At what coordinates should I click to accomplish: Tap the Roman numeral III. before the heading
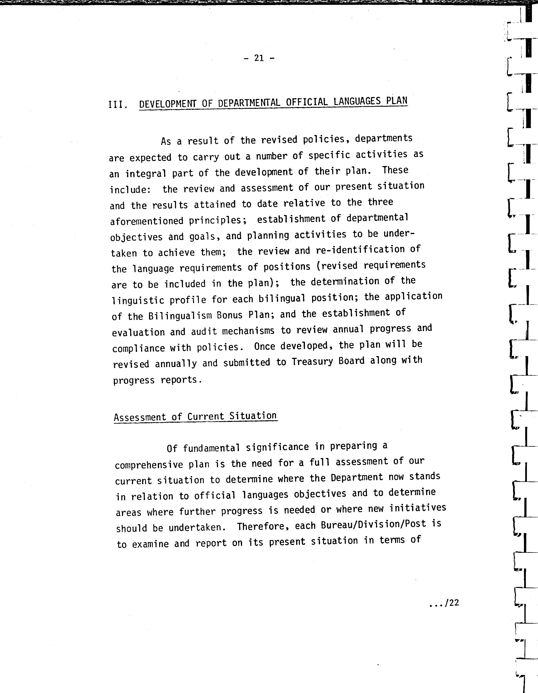118,104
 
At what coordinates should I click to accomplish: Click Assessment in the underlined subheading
140,417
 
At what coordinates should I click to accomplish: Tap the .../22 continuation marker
444,603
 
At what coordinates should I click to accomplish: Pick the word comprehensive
149,465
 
